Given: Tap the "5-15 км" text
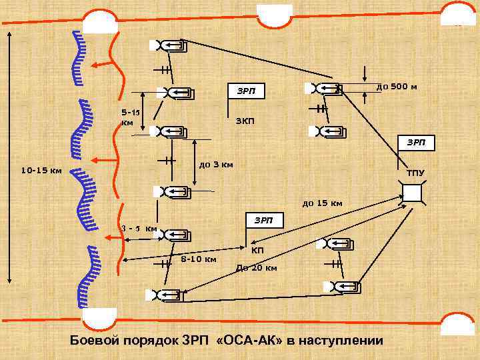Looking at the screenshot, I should (x=129, y=118).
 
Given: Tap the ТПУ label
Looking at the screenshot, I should (x=415, y=174).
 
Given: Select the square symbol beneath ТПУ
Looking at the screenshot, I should (x=413, y=193).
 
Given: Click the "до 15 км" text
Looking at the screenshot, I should (x=322, y=202).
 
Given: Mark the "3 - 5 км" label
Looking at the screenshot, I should (x=139, y=229).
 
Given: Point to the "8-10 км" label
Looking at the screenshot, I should (x=198, y=259).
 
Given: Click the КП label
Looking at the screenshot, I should (x=257, y=251).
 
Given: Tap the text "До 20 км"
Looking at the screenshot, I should (x=257, y=268).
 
